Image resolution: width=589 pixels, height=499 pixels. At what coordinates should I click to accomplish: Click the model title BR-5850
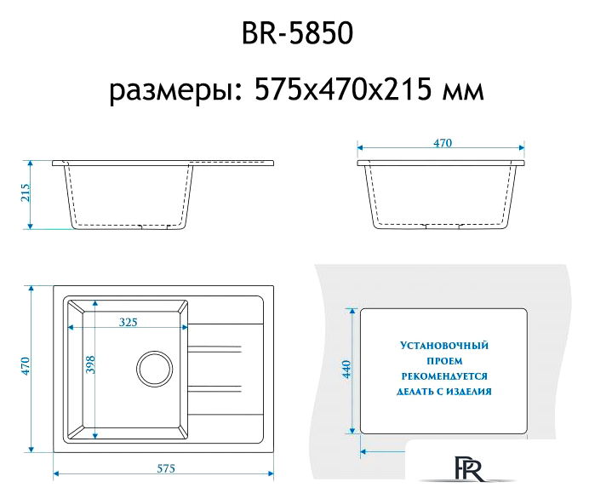(294, 36)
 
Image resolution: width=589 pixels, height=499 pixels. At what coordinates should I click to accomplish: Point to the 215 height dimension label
(25, 194)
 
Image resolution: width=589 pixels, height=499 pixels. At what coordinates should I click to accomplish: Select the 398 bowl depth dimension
(89, 364)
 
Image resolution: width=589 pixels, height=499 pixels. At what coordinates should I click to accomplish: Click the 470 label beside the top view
(26, 367)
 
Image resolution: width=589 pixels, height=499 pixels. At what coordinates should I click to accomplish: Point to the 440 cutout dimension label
(346, 370)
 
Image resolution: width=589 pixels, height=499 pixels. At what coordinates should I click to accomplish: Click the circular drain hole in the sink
(156, 369)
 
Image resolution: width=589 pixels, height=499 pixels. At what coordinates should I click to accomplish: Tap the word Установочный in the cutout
(444, 347)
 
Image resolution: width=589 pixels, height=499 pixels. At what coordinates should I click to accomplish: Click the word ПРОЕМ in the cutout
(444, 362)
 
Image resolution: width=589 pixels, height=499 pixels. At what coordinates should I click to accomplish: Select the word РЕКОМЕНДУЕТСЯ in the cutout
(444, 376)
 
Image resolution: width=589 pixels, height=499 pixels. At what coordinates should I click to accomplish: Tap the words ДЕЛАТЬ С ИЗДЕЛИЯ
(444, 392)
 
